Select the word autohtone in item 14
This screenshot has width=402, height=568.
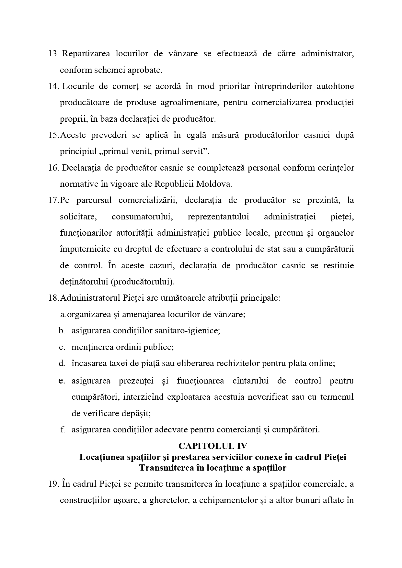tap(335, 86)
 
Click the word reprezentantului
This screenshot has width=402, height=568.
tap(218, 217)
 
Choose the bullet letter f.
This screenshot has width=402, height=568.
tap(62, 430)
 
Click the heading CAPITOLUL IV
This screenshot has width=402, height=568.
tap(213, 446)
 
